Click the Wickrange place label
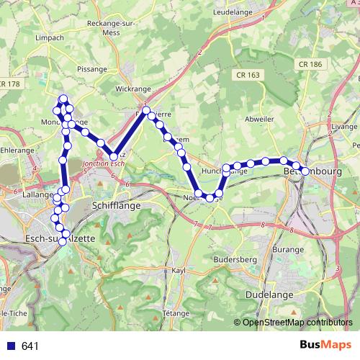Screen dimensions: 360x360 133,90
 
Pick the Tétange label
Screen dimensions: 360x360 176,314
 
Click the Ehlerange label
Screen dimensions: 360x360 17,150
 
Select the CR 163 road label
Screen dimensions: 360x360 247,75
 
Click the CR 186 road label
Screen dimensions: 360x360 310,64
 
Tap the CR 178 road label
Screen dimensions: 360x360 11,84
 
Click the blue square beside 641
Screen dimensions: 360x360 12,346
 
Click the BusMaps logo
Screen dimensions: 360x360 325,346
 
